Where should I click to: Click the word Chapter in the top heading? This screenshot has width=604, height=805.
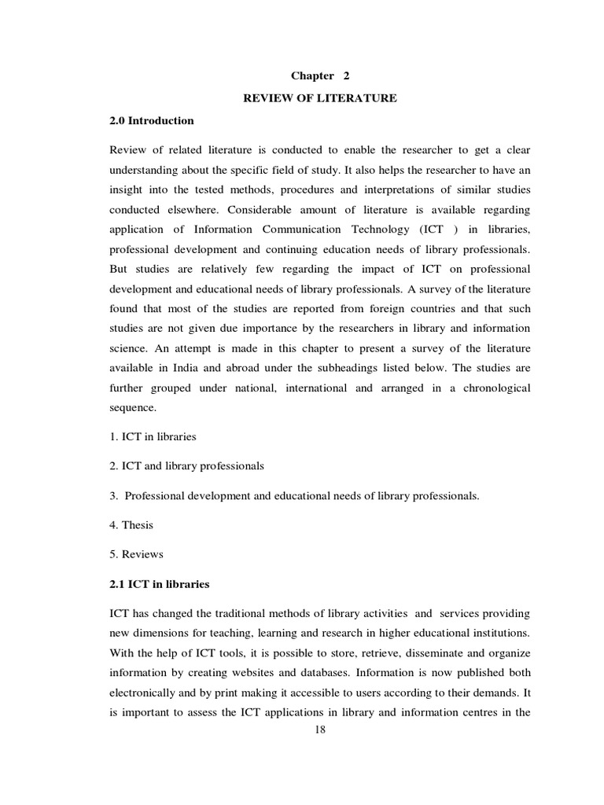pos(312,75)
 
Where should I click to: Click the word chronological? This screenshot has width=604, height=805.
pos(492,388)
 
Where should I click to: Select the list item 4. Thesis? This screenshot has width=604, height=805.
pos(133,524)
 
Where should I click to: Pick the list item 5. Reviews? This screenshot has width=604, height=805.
pos(136,554)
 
